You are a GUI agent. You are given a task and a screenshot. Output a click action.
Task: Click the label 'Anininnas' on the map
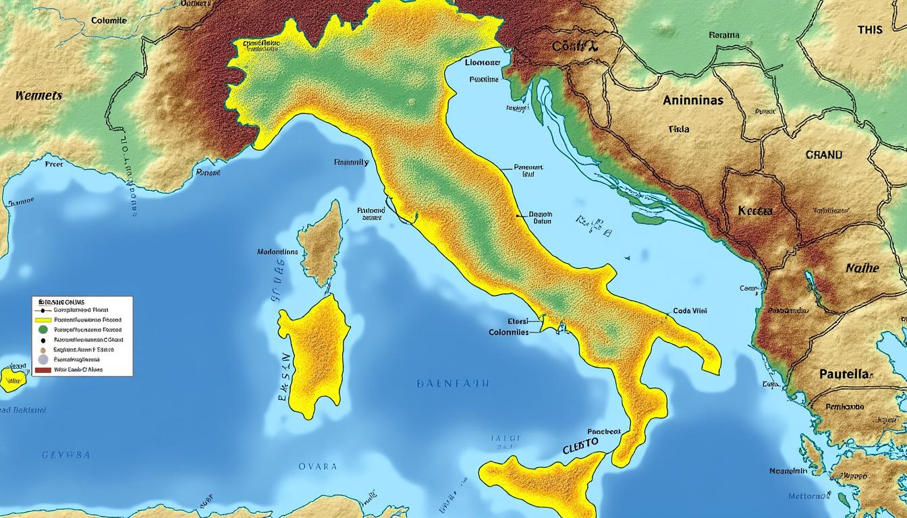click(x=692, y=100)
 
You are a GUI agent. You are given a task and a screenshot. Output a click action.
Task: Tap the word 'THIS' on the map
click(x=869, y=30)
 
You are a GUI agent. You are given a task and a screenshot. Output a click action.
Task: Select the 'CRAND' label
click(x=823, y=154)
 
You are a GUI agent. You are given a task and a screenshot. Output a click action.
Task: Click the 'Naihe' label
click(x=862, y=268)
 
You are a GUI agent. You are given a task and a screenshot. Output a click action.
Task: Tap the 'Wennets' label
click(x=38, y=96)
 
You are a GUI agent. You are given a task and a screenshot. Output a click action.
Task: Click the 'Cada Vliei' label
click(x=690, y=311)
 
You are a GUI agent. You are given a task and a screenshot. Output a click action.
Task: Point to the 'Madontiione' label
click(x=277, y=252)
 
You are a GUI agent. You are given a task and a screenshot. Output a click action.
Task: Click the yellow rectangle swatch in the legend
click(x=43, y=320)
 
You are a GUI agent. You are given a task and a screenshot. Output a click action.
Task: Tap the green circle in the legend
click(x=43, y=330)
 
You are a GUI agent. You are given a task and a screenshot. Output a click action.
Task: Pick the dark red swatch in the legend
click(x=43, y=370)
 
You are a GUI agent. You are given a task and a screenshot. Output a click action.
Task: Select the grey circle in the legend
click(x=43, y=359)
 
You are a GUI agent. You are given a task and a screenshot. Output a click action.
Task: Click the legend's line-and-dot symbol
click(x=43, y=310)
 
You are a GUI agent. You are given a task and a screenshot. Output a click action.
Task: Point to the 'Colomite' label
click(x=108, y=20)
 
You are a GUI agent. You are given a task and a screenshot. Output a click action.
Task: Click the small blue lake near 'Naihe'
click(x=809, y=281)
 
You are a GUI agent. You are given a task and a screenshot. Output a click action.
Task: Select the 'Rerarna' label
click(x=724, y=35)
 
